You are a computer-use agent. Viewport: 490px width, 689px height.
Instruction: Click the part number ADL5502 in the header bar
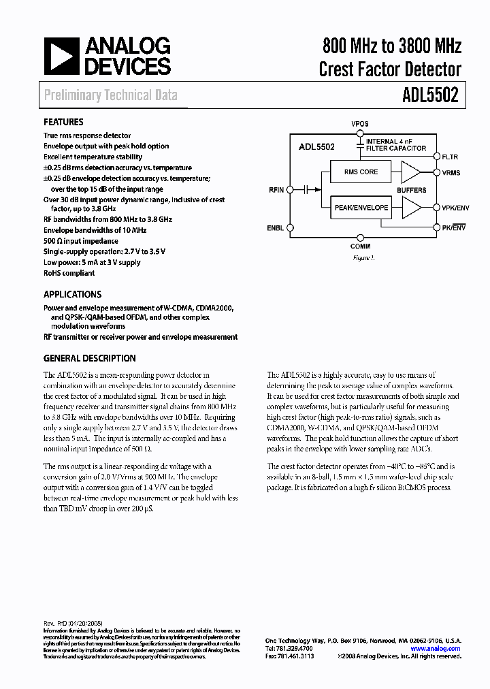pos(426,95)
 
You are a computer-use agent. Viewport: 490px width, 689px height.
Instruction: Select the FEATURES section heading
pos(63,123)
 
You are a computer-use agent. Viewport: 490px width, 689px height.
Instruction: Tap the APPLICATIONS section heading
pos(72,295)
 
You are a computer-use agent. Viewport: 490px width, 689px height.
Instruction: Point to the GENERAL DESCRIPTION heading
pos(89,358)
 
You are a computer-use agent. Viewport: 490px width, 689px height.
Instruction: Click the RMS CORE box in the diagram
pos(360,172)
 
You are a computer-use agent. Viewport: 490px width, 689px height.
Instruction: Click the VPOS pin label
pos(360,124)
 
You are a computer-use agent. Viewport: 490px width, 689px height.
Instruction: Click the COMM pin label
pos(360,246)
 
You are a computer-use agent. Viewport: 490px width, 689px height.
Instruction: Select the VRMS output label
pos(451,173)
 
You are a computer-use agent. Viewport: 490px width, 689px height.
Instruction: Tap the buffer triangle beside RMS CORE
pos(410,172)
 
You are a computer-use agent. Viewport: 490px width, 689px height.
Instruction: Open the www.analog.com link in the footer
pos(436,649)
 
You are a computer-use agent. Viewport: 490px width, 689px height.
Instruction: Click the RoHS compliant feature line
pos(69,273)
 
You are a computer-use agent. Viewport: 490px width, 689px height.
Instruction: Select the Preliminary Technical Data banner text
pos(110,95)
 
